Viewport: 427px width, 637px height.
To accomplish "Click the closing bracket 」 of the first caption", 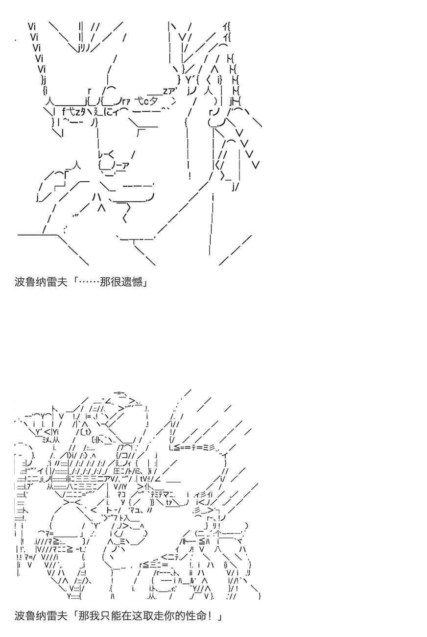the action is (145, 282).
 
